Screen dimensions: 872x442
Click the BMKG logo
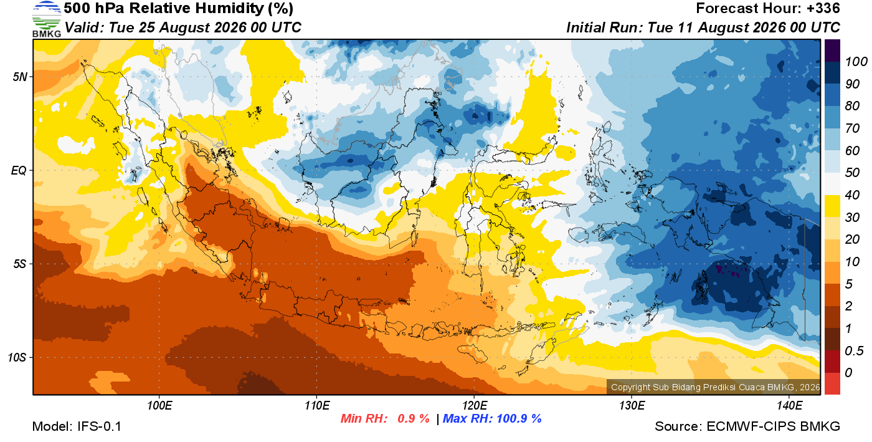click(47, 19)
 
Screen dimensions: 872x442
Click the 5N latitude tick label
click(20, 77)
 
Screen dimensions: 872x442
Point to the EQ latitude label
click(19, 170)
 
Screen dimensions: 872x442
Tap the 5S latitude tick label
click(20, 264)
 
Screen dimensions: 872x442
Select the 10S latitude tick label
click(17, 357)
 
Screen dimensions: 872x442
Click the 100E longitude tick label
click(159, 406)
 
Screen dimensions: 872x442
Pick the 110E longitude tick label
click(317, 406)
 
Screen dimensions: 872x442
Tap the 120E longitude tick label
click(474, 406)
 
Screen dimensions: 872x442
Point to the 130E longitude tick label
click(632, 406)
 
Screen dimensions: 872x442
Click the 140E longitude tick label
click(789, 406)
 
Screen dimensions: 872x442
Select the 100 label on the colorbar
click(856, 62)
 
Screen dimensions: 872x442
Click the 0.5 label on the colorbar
click(854, 351)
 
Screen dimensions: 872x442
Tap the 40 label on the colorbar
click(852, 195)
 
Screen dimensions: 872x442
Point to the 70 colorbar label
click(852, 128)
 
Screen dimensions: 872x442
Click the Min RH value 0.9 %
click(414, 418)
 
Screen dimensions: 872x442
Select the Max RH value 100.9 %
click(519, 418)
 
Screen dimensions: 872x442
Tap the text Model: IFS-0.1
click(77, 426)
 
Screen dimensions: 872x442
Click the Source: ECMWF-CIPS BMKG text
click(747, 426)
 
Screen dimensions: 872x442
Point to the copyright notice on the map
click(715, 387)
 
